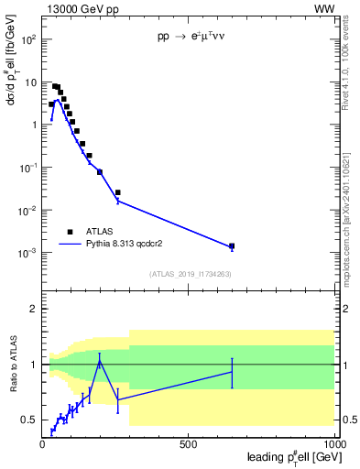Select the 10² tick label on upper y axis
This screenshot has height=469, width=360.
(27, 40)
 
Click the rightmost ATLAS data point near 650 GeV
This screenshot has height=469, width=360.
(232, 245)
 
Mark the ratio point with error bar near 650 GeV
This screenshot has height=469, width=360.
(232, 372)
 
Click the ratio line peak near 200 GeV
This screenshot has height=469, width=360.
(99, 360)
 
